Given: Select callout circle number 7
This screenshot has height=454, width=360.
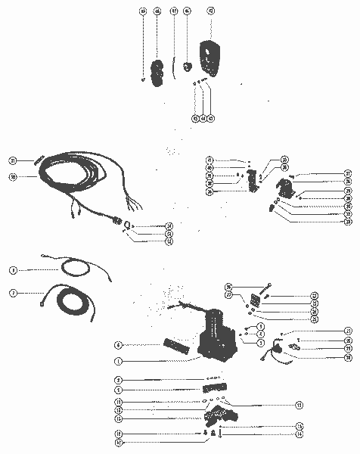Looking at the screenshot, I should click(13, 292).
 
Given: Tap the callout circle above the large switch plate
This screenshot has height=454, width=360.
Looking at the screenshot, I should click(209, 11).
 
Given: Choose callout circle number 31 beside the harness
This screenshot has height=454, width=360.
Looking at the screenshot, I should click(13, 160).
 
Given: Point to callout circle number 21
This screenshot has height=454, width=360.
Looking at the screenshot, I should click(348, 331).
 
